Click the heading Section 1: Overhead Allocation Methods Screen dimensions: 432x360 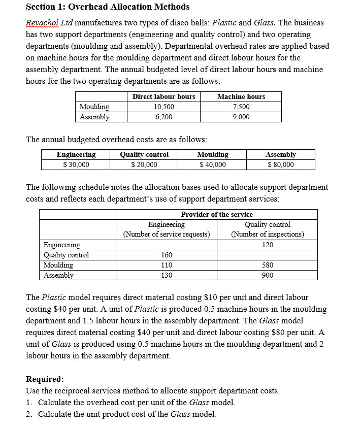[x=108, y=7]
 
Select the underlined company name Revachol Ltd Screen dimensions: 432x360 [x=49, y=23]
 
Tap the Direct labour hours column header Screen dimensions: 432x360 [x=163, y=96]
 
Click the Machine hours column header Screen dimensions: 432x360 [x=241, y=96]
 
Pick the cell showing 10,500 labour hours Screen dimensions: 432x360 [x=163, y=107]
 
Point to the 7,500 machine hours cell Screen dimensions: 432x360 [x=241, y=107]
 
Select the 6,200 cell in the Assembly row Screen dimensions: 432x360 [x=163, y=117]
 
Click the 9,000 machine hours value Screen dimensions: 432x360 [x=241, y=117]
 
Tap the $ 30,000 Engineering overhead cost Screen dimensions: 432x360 [x=76, y=164]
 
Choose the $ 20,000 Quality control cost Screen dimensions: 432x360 [x=144, y=164]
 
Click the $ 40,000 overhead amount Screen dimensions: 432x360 [x=212, y=164]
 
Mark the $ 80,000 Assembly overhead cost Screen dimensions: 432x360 [x=280, y=164]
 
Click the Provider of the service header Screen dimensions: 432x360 [x=217, y=214]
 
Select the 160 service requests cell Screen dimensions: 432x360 [x=166, y=255]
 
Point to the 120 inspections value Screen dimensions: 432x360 [x=268, y=245]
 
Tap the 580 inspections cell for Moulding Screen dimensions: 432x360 [x=268, y=265]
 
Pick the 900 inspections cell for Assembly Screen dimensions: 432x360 [x=268, y=275]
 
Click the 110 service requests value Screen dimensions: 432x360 [x=166, y=265]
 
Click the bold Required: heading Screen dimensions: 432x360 [x=45, y=379]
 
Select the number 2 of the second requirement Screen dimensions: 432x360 [x=28, y=414]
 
